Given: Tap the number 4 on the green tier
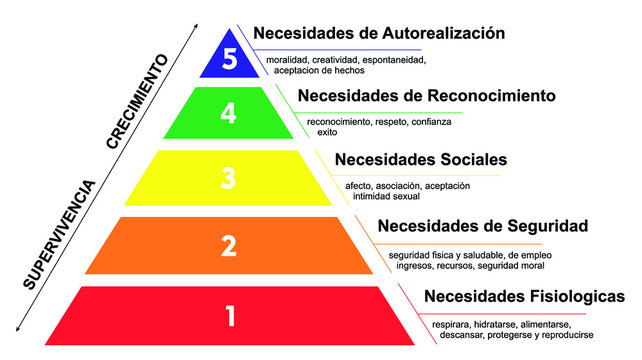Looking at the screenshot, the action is pos(229,114).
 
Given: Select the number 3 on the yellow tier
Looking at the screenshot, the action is pos(228,178).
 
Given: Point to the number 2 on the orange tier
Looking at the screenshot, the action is pos(228,245).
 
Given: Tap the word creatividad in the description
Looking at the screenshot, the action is pos(342,60).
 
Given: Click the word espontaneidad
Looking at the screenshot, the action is pos(399,60).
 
